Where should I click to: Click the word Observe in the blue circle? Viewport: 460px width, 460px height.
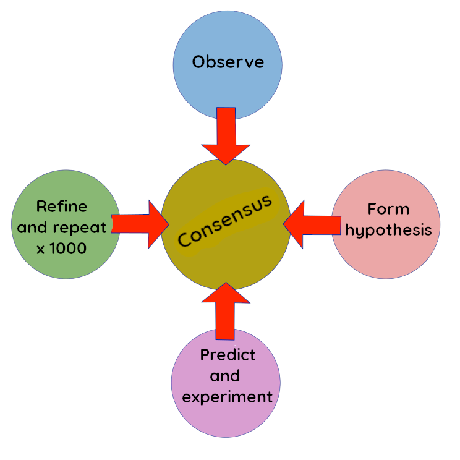tap(228, 62)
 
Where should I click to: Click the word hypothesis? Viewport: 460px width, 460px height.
tap(388, 230)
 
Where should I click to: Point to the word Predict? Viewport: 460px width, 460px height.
tap(228, 356)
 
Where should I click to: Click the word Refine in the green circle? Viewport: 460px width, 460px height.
tap(62, 206)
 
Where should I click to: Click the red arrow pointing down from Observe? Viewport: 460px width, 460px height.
tap(226, 136)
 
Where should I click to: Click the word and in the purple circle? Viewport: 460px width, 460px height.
tap(225, 376)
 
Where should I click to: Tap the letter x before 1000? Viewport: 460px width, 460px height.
tap(41, 249)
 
